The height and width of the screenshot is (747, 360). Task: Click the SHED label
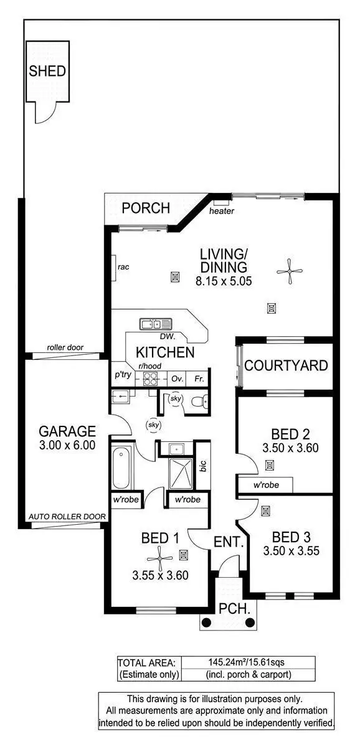[47, 71]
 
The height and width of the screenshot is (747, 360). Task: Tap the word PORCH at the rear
[145, 208]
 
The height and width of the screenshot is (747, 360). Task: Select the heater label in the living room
[222, 211]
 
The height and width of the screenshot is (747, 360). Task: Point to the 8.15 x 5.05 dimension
[223, 281]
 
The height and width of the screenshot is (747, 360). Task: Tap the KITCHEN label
[165, 352]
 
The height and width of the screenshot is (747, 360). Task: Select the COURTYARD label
[286, 365]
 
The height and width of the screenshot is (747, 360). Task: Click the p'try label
[121, 376]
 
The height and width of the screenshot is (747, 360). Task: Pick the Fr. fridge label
[199, 378]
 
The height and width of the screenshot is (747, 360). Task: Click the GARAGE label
[67, 431]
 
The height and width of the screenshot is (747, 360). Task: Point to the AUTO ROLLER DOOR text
[67, 517]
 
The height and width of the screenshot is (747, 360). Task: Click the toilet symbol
[197, 402]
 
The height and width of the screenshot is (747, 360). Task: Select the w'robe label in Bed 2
[266, 485]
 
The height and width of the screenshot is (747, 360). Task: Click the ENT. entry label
[227, 542]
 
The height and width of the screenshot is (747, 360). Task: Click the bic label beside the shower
[202, 466]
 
